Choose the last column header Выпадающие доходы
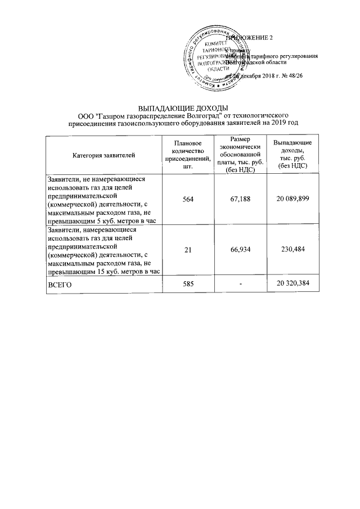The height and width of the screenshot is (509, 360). [x=292, y=154]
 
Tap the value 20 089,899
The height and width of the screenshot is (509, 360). [x=292, y=200]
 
